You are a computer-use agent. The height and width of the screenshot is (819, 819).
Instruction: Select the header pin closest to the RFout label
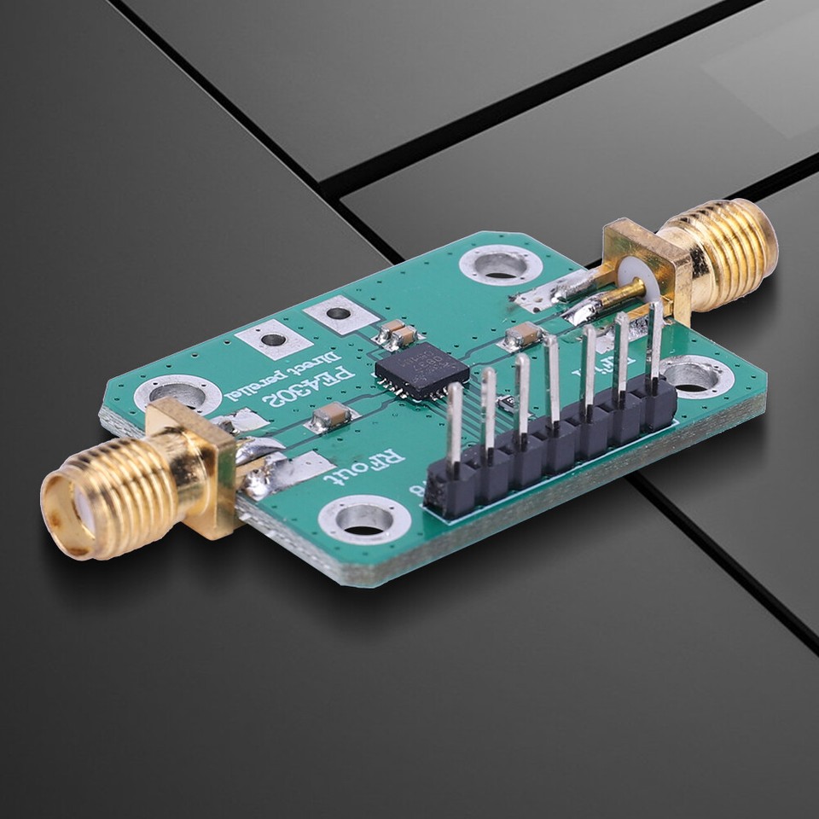pyautogui.click(x=454, y=427)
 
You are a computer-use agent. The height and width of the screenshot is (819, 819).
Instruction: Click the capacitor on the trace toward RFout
pyautogui.click(x=330, y=416)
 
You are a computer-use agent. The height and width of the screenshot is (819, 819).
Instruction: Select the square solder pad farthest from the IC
pyautogui.click(x=273, y=340)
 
